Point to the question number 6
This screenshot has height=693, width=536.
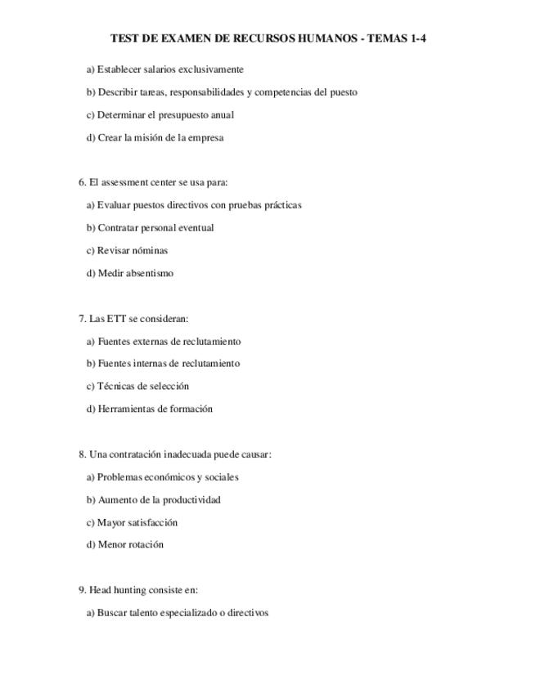pos(82,182)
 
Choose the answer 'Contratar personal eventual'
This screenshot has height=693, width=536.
pos(150,228)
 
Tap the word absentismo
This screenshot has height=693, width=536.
pos(149,274)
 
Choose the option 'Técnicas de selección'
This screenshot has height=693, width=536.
pos(137,387)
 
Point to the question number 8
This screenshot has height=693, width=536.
pos(82,454)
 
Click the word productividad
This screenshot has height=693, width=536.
pos(191,500)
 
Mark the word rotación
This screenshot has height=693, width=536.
pos(145,545)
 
